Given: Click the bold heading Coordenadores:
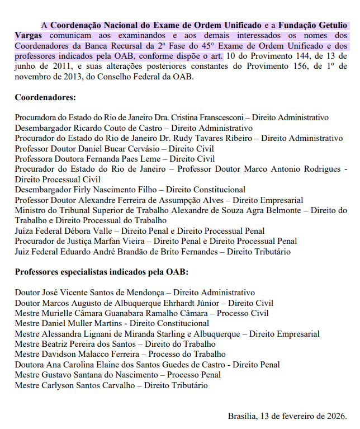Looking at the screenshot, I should point(45,97).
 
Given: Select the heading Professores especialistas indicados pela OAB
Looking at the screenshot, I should point(101,272).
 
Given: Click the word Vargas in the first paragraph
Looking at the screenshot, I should point(27,36).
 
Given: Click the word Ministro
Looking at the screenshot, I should point(30,210).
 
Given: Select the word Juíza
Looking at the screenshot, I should point(25,231).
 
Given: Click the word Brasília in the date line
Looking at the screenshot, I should point(241,416).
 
